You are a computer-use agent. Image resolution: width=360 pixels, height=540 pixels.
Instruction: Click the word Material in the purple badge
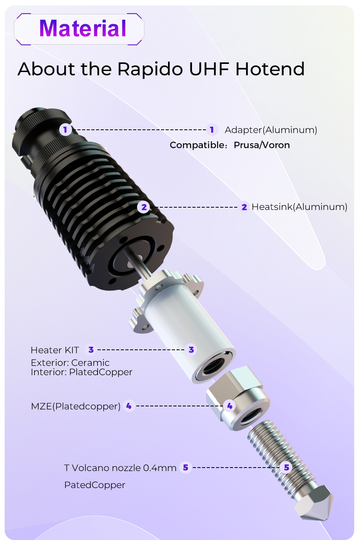pos(83,29)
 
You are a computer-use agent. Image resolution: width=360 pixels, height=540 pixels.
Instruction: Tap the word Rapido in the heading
pos(150,69)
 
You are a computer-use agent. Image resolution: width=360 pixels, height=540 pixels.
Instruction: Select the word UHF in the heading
pos(209,69)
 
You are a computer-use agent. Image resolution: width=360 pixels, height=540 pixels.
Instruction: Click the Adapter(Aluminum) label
pos(271,130)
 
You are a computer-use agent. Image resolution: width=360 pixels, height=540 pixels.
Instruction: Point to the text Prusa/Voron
pos(262,145)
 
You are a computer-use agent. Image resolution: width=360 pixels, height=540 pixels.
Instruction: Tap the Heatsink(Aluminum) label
pos(299,207)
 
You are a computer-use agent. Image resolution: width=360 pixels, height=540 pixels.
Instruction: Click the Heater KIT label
pos(55,350)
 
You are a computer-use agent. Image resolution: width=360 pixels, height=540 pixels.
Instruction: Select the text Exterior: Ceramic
pos(70,363)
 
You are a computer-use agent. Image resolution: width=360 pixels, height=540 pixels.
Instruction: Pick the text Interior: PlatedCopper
pos(81,372)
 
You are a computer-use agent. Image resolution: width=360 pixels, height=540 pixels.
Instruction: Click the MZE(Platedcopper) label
pos(75,406)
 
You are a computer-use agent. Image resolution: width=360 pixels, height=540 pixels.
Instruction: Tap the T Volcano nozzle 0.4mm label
pos(120,468)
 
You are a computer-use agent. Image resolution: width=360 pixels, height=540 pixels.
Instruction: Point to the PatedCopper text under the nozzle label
pos(95,485)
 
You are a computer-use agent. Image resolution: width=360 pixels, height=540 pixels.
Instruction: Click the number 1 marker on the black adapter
pos(65,130)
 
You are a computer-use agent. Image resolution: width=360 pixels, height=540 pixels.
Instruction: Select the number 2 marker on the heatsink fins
pos(144,207)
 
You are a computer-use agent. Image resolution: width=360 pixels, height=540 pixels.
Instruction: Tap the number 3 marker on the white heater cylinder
pos(191,350)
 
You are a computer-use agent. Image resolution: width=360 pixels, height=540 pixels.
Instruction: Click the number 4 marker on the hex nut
pos(230,406)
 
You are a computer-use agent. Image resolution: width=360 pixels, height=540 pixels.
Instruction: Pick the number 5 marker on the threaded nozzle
pos(286,468)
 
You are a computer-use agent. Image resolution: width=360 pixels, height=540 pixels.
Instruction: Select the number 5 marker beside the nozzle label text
pos(185,468)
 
